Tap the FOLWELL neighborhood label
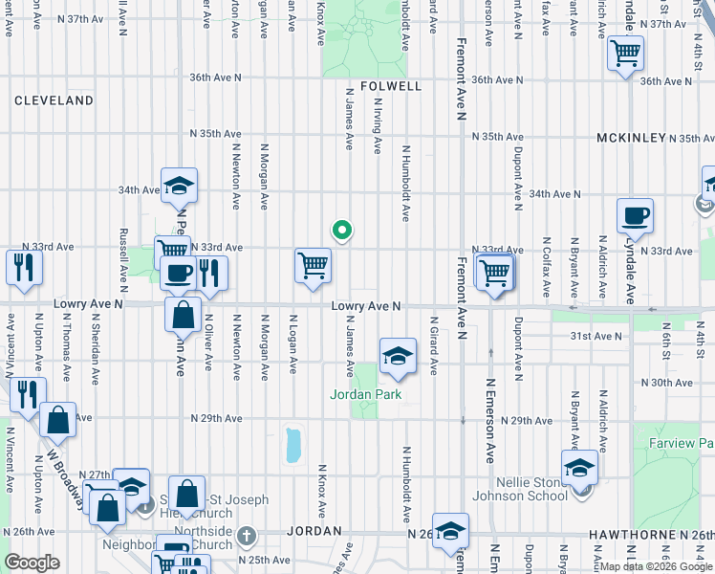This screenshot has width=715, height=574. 391,86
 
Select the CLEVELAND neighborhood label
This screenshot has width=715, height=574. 54,100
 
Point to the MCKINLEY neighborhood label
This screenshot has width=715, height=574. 631,138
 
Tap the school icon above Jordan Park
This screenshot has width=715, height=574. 398,357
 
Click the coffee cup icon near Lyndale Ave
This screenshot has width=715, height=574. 634,216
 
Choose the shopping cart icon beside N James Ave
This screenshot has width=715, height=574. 313,266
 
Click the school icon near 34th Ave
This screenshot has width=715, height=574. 179,186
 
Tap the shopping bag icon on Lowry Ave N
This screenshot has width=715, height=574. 182,313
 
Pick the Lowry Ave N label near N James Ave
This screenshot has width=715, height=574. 365,306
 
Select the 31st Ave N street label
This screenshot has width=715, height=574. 595,336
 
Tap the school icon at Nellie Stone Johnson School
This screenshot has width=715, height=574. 579,469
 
